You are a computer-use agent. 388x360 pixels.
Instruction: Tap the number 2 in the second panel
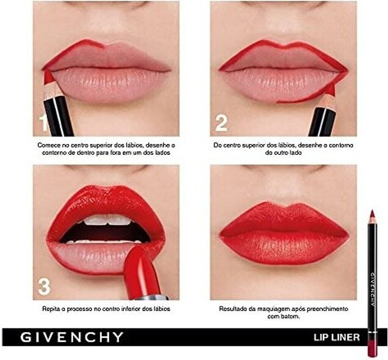pyautogui.click(x=221, y=123)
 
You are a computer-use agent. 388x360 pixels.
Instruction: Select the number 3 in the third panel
pyautogui.click(x=44, y=287)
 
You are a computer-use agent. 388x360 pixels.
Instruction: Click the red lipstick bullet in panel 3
pyautogui.click(x=142, y=270)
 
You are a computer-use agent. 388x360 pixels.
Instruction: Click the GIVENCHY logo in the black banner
pyautogui.click(x=72, y=337)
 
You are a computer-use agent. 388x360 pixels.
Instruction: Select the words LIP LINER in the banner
pyautogui.click(x=336, y=337)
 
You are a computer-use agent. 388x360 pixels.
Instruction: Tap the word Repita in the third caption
pyautogui.click(x=50, y=309)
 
